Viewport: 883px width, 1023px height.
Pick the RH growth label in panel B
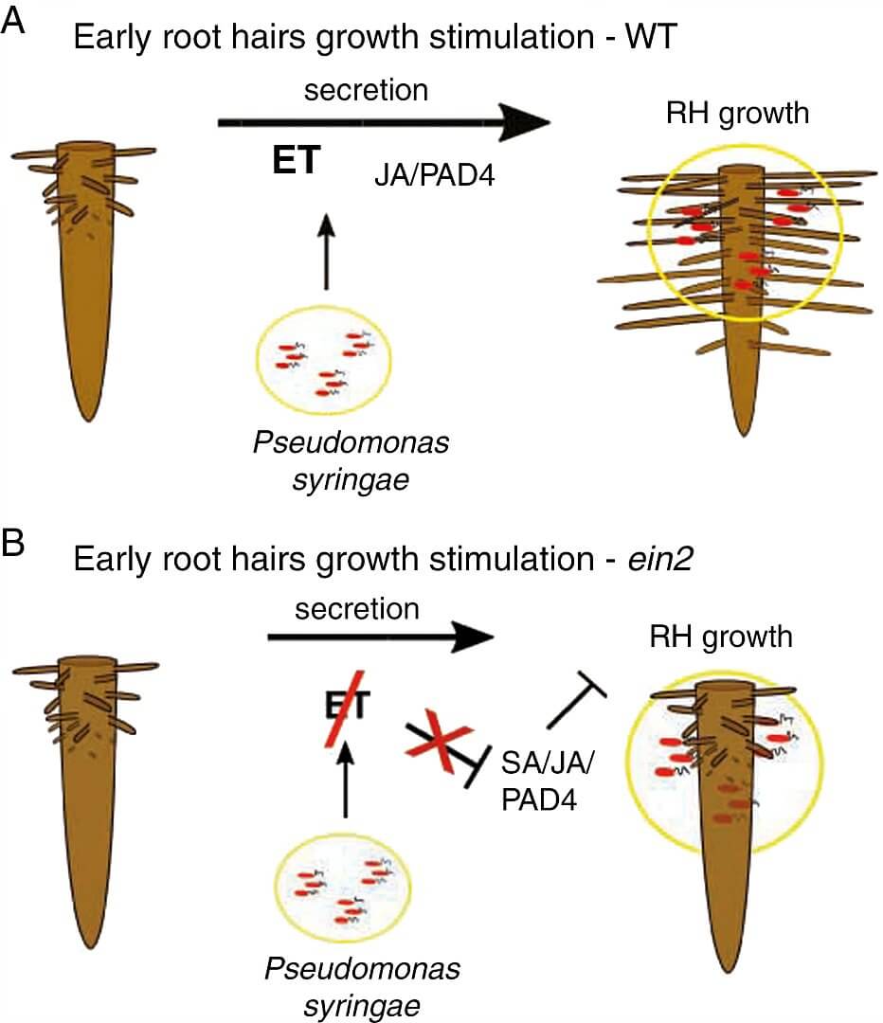point(721,637)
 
